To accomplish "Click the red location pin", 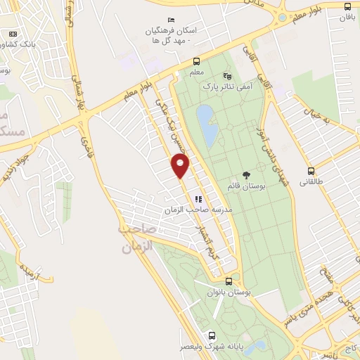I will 181,166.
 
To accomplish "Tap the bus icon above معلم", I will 196,60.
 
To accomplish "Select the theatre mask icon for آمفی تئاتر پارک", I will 226,75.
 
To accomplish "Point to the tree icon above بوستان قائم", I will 245,174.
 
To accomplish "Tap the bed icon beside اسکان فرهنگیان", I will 169,20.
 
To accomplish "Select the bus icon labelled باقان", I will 347,6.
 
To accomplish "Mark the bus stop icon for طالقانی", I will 311,170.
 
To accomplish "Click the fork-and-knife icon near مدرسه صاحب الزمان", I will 198,199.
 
